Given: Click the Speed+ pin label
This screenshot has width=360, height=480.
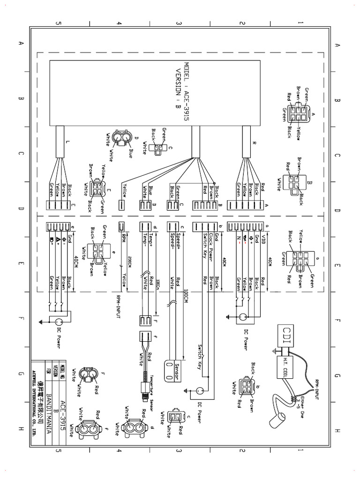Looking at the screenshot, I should click(179, 239).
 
